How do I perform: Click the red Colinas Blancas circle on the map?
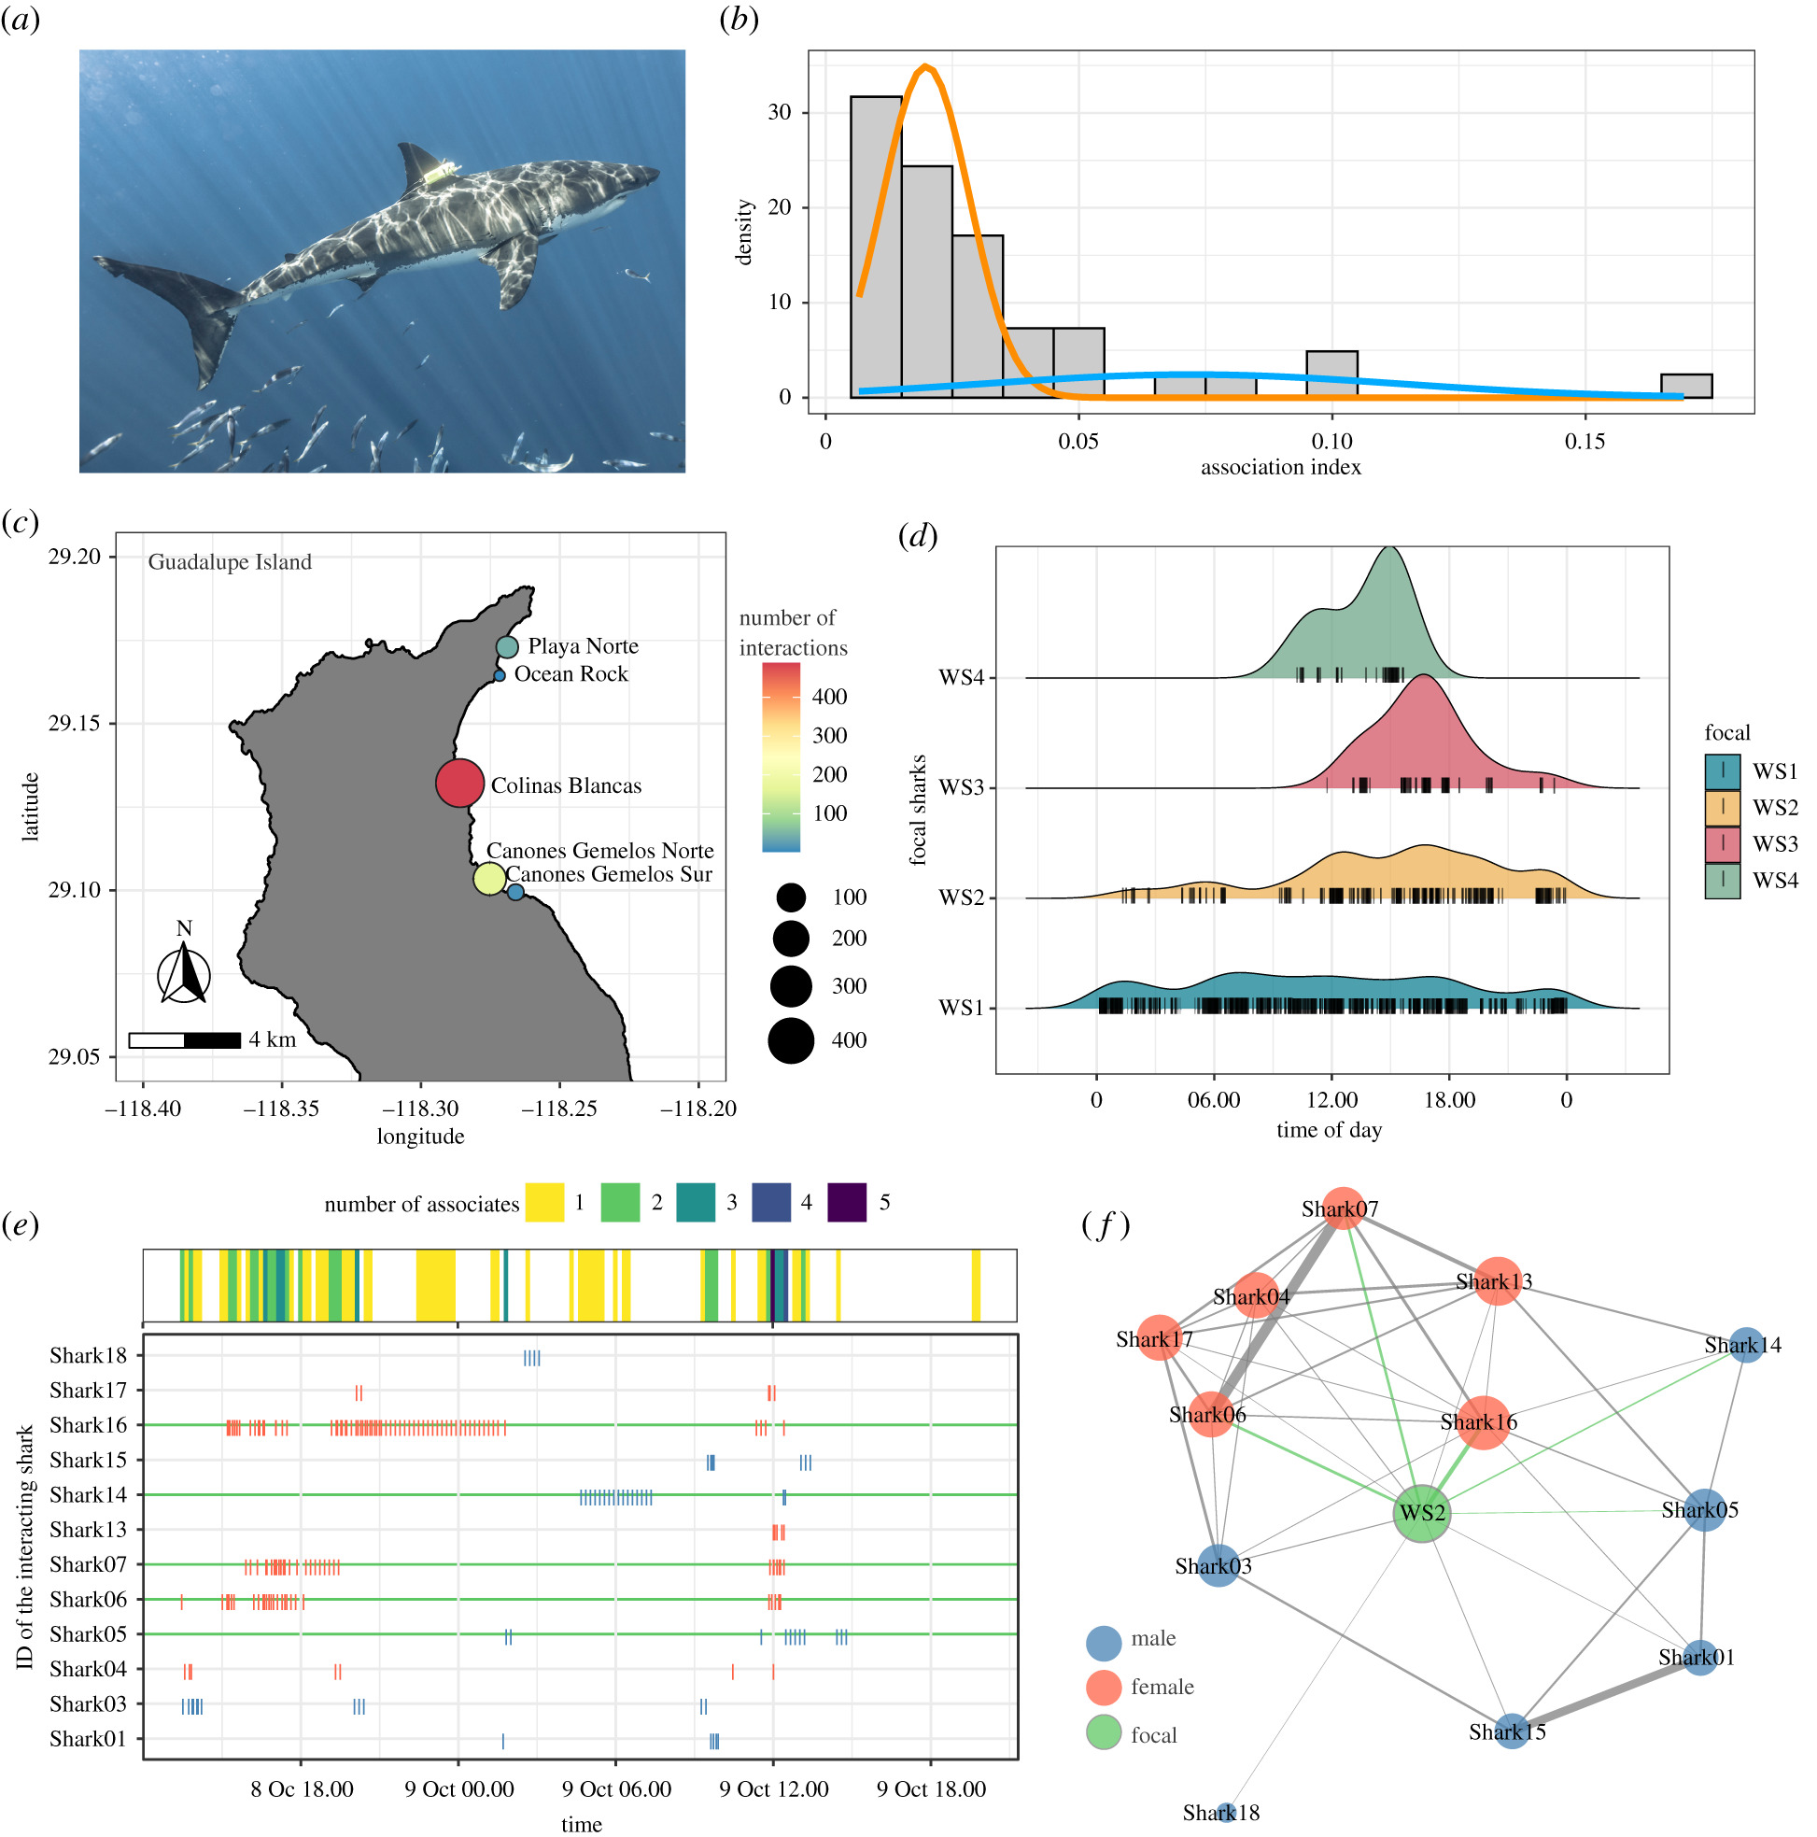(x=459, y=783)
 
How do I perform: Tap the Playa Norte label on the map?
(x=583, y=646)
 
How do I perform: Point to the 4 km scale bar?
(x=185, y=1040)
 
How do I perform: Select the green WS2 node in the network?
(x=1420, y=1513)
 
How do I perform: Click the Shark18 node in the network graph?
(x=1226, y=1813)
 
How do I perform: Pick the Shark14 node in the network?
(x=1745, y=1346)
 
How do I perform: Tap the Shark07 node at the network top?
(x=1342, y=1208)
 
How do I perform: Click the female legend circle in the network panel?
(x=1103, y=1687)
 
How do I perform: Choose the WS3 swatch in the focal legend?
(x=1722, y=844)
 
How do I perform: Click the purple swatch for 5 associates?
(x=846, y=1203)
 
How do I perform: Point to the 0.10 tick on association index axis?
(x=1331, y=442)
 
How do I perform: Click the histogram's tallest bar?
(x=876, y=247)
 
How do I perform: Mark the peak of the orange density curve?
(x=926, y=66)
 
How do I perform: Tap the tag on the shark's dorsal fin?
(x=440, y=173)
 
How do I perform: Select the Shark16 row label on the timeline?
(x=88, y=1425)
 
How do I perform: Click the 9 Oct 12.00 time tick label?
(x=773, y=1789)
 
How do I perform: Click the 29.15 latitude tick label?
(x=73, y=724)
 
